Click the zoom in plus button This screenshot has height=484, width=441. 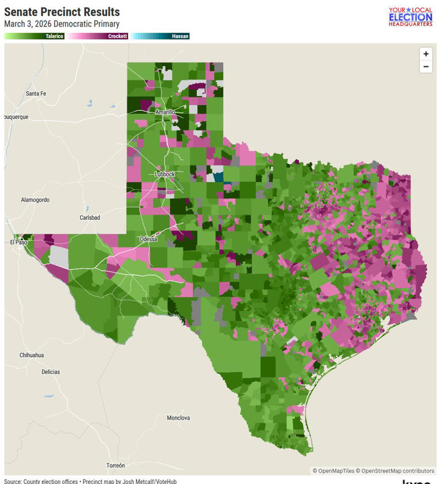[425, 54]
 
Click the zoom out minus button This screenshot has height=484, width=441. [425, 67]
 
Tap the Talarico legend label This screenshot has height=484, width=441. [54, 36]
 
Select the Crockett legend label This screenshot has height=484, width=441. [118, 36]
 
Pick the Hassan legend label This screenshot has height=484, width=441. [180, 36]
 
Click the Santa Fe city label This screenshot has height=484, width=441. [36, 94]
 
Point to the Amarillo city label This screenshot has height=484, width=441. [165, 113]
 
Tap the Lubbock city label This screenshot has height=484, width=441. [164, 174]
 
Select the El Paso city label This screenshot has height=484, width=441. [18, 242]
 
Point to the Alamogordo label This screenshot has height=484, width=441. [35, 200]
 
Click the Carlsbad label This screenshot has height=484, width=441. [90, 218]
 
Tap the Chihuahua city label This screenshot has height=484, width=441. [32, 355]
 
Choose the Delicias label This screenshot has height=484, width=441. [51, 372]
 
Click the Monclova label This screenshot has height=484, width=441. [178, 418]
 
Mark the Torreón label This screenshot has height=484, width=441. [115, 465]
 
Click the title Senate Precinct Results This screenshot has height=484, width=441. [62, 12]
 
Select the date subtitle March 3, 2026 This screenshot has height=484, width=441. [61, 24]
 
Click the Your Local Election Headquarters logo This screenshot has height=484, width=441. [410, 17]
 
